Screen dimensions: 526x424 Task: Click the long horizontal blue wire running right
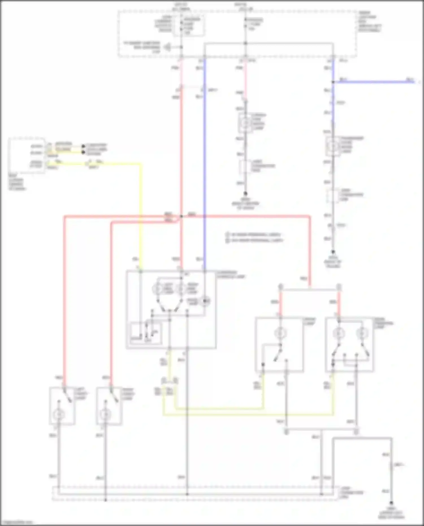coord(373,82)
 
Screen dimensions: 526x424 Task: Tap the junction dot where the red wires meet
coord(181,217)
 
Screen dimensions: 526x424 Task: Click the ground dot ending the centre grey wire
coord(245,194)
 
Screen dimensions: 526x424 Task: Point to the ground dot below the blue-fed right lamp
coord(333,252)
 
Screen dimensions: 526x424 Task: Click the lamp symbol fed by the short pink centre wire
coord(245,123)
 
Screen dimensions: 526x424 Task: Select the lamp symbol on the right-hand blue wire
coord(333,146)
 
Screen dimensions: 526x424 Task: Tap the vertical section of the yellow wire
coord(140,215)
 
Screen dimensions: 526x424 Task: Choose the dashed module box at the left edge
coord(27,155)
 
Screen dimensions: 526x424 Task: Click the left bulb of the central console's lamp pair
coord(158,289)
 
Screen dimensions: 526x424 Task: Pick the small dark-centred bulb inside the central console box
coord(205,301)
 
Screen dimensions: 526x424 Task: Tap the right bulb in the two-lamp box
coord(361,333)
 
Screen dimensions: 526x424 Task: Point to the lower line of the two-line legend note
coord(254,241)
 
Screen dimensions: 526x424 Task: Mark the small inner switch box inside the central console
coord(146,333)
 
